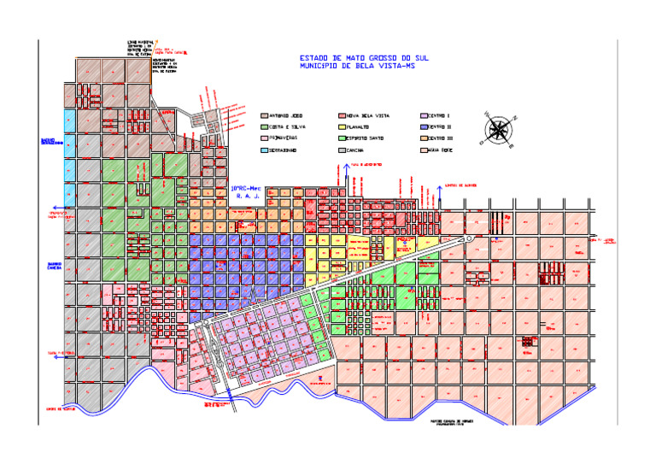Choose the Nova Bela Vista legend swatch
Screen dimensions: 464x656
point(343,115)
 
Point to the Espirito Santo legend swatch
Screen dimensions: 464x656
point(343,138)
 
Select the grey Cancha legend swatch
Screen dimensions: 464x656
point(343,150)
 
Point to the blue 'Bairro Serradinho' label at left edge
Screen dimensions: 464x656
point(52,141)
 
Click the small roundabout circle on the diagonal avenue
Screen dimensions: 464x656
point(469,238)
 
